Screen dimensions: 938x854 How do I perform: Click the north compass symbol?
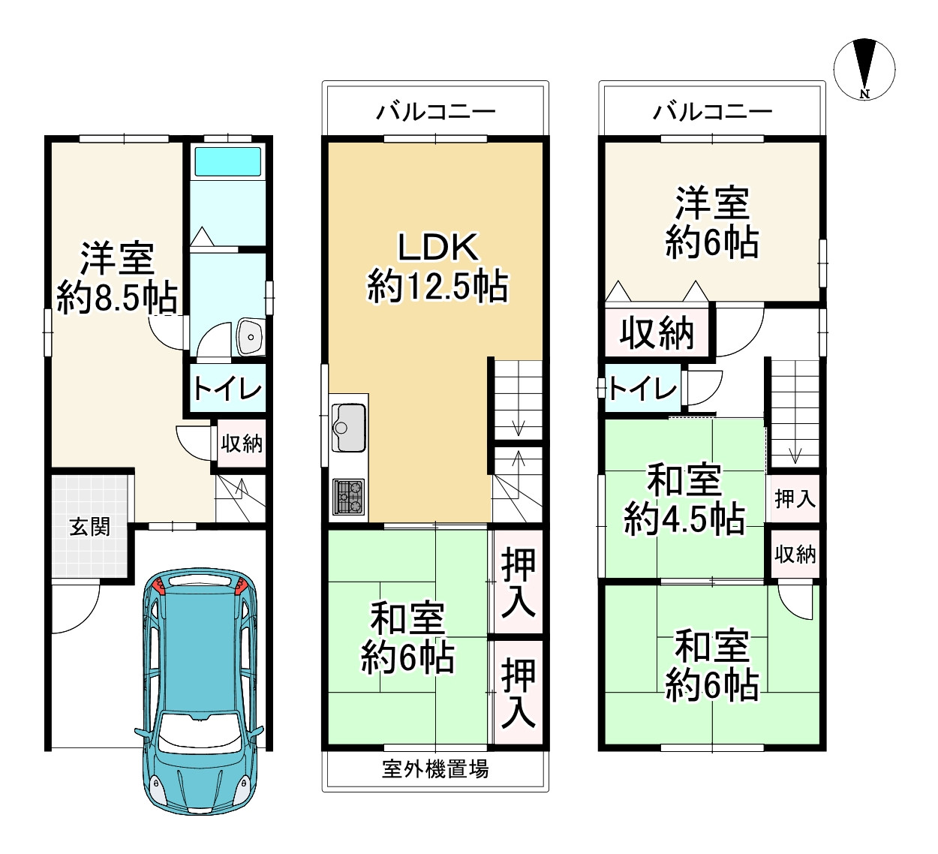point(864,70)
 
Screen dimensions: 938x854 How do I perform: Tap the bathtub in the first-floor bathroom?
point(227,162)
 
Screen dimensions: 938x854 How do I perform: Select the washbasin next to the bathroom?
point(251,337)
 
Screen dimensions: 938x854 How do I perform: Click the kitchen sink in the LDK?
point(348,428)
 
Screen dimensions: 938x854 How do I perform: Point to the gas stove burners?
point(348,497)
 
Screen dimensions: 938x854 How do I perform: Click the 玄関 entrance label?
point(90,527)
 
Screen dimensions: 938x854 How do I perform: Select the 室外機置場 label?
point(435,769)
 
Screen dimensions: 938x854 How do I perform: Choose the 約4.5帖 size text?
point(684,519)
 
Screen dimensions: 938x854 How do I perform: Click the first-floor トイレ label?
point(227,389)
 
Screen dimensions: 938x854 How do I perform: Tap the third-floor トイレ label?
point(643,388)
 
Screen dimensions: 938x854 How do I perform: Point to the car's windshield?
point(198,733)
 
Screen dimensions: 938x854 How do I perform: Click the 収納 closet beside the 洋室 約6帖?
point(657,333)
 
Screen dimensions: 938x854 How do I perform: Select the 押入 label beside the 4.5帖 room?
point(795,498)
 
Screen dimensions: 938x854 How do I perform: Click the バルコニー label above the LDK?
point(436,113)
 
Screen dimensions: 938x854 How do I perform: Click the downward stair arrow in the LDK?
point(518,426)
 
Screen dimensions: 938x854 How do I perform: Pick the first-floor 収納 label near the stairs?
point(242,443)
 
